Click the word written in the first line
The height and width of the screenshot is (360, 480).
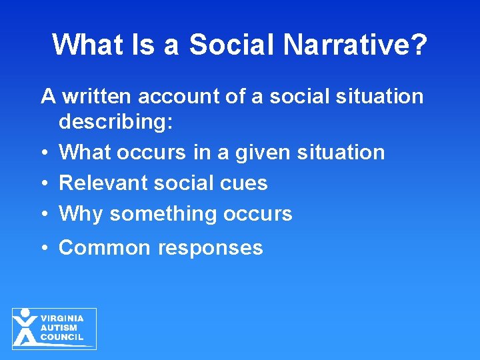click(96, 96)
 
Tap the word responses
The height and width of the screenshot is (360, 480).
click(211, 249)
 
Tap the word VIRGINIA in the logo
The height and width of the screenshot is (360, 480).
click(62, 319)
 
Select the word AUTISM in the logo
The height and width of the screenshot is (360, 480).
click(59, 327)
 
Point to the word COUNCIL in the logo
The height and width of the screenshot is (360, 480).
click(62, 337)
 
